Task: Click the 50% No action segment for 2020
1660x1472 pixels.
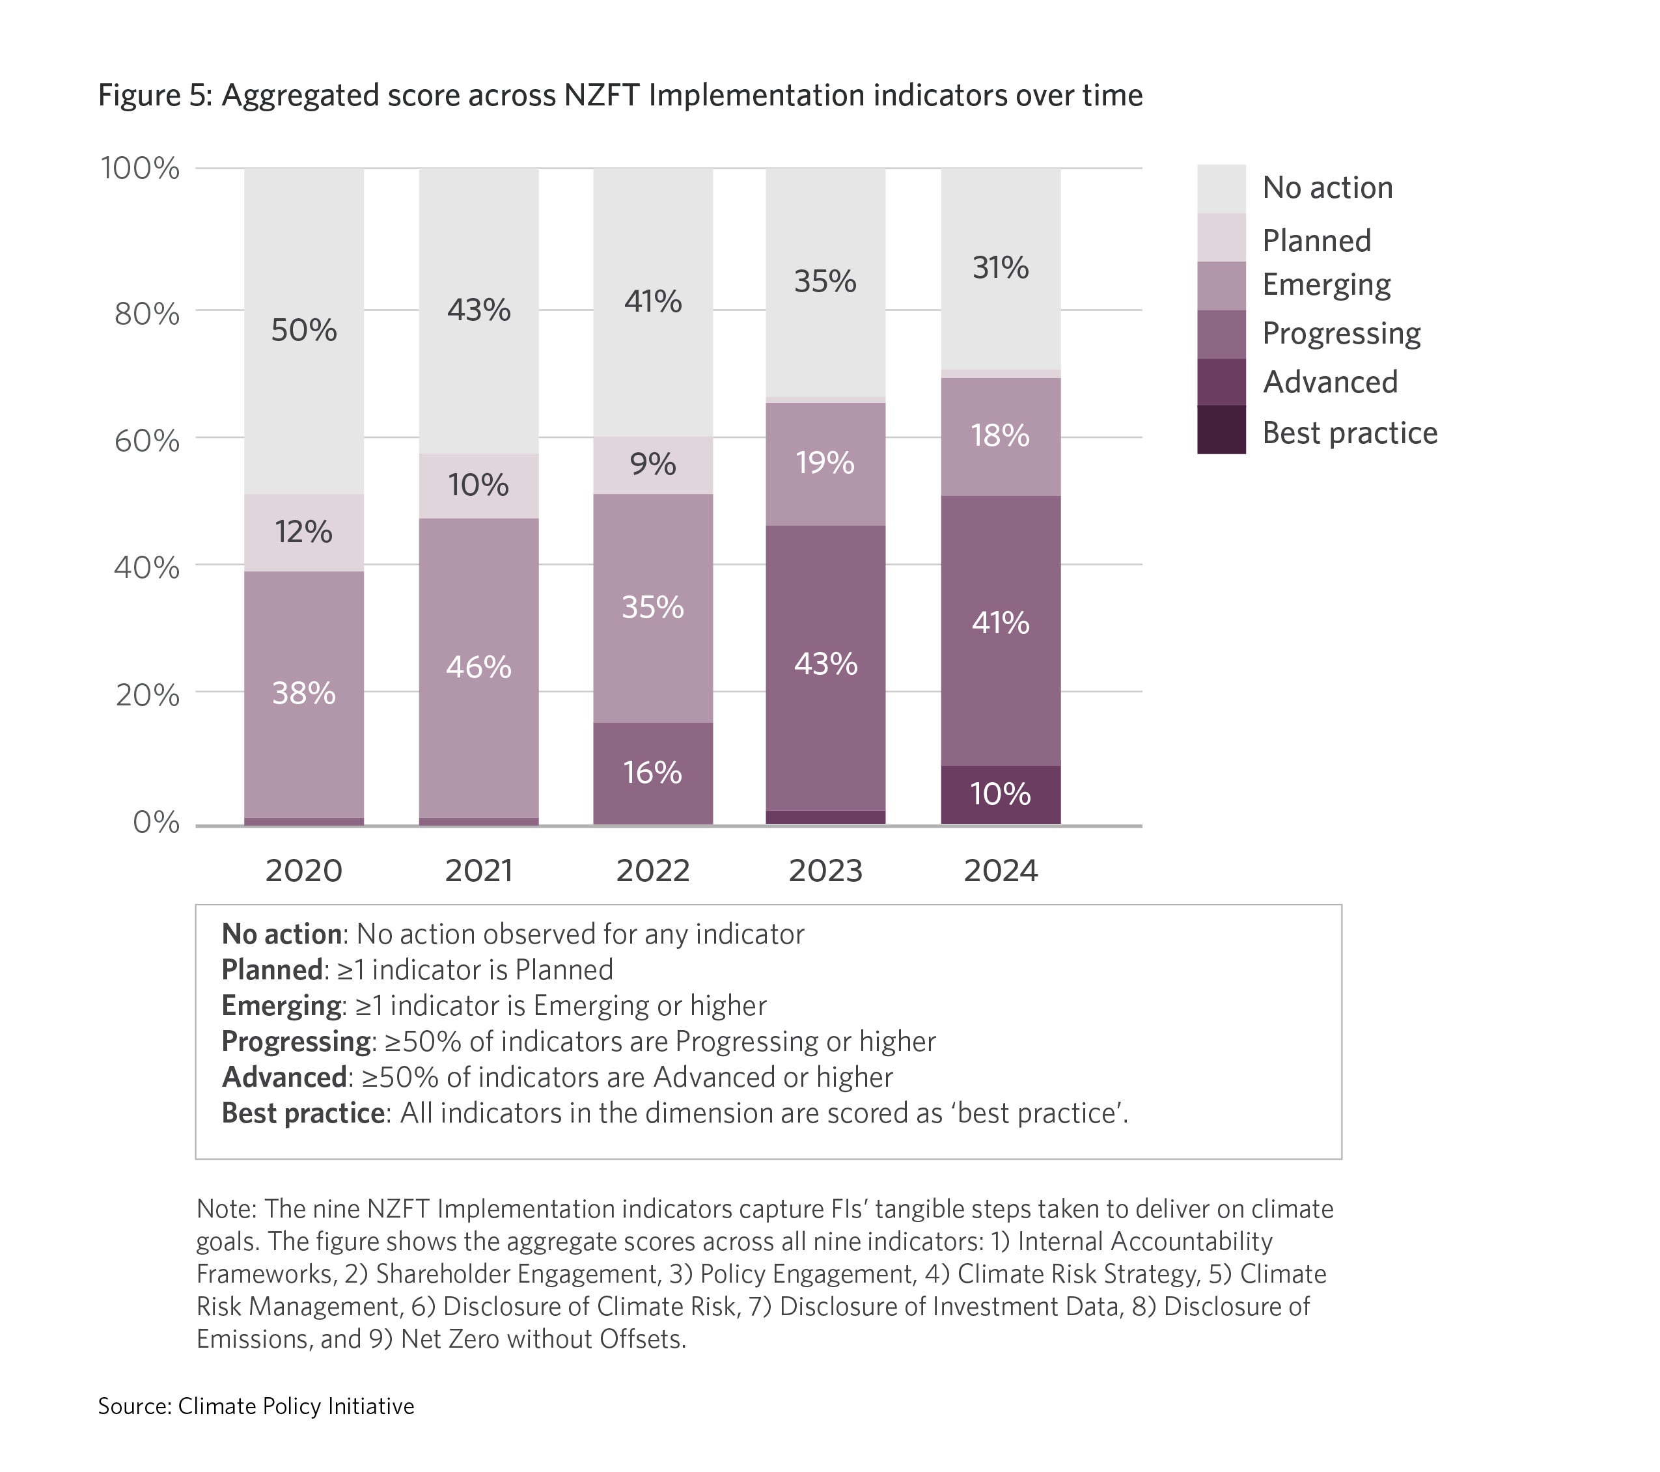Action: pos(304,330)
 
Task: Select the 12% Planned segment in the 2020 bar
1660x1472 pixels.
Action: pos(304,532)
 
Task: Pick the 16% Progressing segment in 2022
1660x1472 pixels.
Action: pos(652,772)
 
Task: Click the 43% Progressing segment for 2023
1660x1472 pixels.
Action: pos(825,664)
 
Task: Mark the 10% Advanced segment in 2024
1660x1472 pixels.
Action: pos(1001,794)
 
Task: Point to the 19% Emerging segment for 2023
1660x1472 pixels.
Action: pos(825,463)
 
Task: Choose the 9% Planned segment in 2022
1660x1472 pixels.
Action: pos(652,465)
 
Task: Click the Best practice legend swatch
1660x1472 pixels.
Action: pos(1221,429)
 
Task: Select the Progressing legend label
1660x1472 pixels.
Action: pos(1341,333)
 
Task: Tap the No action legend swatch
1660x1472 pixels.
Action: pos(1221,188)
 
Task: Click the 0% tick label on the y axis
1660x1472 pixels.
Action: pos(156,823)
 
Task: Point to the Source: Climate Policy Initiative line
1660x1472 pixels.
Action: pos(256,1406)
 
